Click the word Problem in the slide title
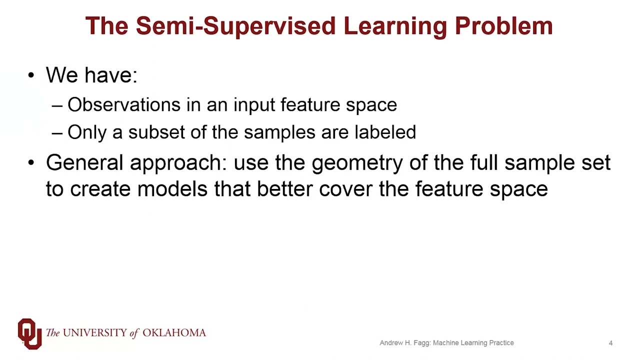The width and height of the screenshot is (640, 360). coord(503,26)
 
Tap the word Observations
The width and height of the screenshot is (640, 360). coord(123,105)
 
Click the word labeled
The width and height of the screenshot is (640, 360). coord(385,132)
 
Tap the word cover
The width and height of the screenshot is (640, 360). coord(346,189)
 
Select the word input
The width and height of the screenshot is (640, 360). coord(254,105)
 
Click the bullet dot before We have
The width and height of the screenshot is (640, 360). coord(31,75)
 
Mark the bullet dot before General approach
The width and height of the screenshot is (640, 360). coord(31,163)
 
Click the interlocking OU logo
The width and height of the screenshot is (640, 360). coord(29,333)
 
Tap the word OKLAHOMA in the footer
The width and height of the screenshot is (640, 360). coord(174,333)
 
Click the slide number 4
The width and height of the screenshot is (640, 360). coord(610,343)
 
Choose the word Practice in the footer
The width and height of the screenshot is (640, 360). coord(501,343)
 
